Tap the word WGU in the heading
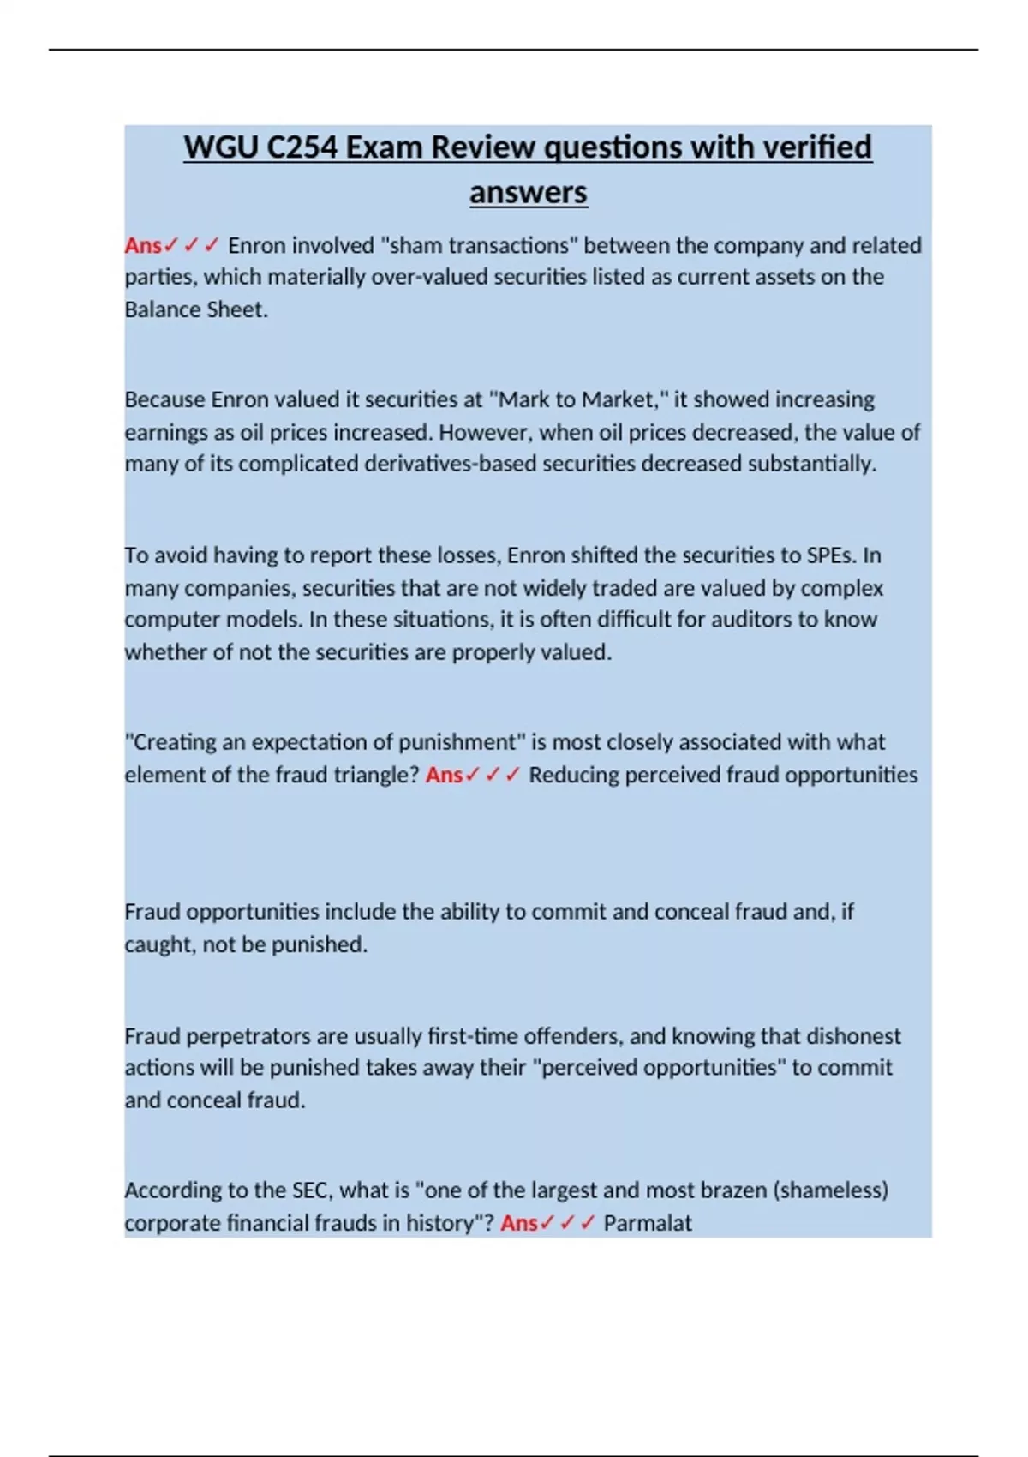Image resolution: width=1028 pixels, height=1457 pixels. click(219, 147)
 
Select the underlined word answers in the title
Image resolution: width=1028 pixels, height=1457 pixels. click(528, 192)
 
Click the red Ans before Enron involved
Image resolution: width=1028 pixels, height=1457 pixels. click(142, 246)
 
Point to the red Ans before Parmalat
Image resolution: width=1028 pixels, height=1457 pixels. click(518, 1223)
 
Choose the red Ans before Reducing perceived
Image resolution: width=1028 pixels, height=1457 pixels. click(444, 775)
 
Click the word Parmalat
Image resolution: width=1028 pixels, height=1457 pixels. click(647, 1223)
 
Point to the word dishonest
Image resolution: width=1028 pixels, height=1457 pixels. click(854, 1036)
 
